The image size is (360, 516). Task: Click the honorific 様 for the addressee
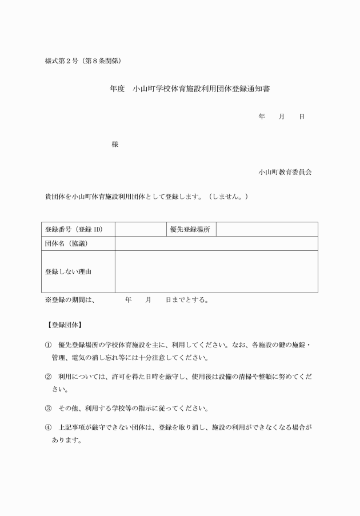pyautogui.click(x=115, y=144)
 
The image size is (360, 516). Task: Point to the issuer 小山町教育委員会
pyautogui.click(x=285, y=171)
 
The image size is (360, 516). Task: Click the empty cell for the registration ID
pyautogui.click(x=141, y=229)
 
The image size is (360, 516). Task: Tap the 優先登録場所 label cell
pyautogui.click(x=190, y=229)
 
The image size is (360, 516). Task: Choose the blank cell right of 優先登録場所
pyautogui.click(x=266, y=229)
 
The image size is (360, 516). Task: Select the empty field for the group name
pyautogui.click(x=216, y=243)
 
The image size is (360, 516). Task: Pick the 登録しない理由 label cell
pyautogui.click(x=68, y=271)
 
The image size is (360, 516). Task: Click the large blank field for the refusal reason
pyautogui.click(x=216, y=271)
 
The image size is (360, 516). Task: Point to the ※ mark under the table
pyautogui.click(x=49, y=299)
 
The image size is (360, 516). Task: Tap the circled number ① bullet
pyautogui.click(x=48, y=346)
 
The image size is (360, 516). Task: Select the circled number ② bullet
pyautogui.click(x=48, y=378)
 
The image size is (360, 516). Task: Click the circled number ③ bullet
pyautogui.click(x=48, y=409)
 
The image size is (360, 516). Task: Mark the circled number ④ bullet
pyautogui.click(x=48, y=427)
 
